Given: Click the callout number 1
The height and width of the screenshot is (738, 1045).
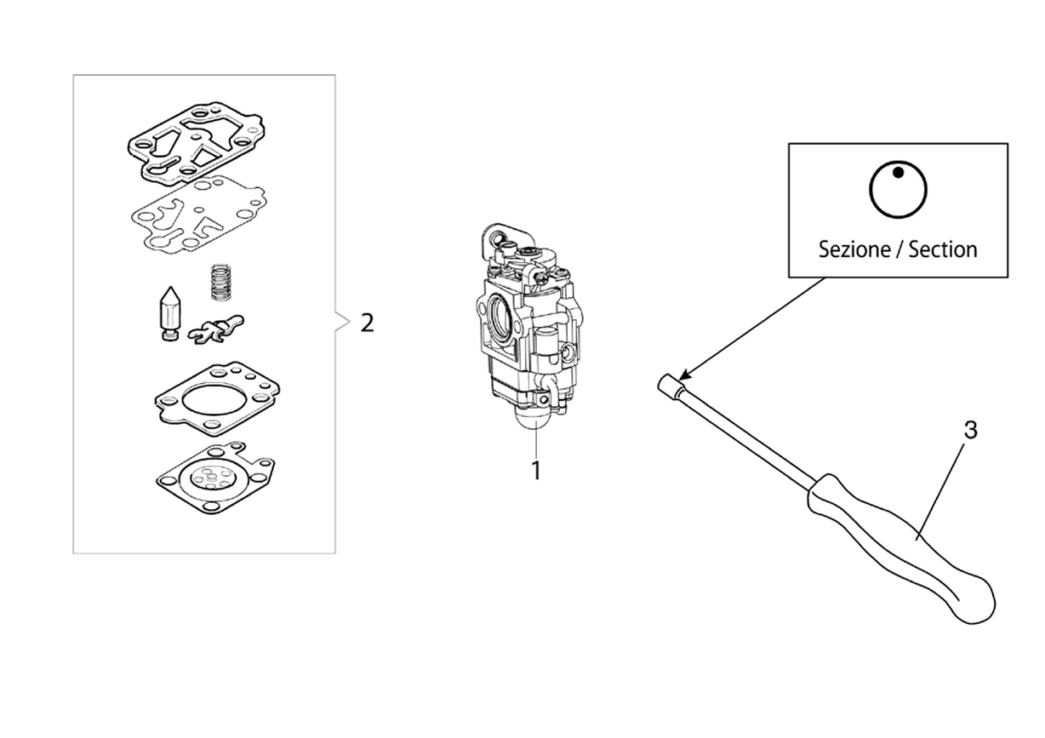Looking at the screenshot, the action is click(536, 471).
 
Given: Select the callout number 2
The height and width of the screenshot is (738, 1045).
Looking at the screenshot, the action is click(367, 323).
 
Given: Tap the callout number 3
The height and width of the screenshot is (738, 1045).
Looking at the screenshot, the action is click(970, 430).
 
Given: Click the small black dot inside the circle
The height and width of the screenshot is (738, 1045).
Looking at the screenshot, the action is click(898, 173).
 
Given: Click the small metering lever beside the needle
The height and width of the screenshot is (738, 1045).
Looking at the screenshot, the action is click(215, 329).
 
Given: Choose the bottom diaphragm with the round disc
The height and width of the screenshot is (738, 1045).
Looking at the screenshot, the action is click(215, 479).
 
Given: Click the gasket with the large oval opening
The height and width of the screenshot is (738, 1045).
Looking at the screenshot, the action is click(217, 399).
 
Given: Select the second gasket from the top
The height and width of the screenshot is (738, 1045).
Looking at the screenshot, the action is click(198, 215).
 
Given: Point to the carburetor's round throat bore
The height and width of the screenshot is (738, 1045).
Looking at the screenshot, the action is click(501, 315).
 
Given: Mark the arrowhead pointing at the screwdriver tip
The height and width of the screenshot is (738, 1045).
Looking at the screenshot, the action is click(684, 375).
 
